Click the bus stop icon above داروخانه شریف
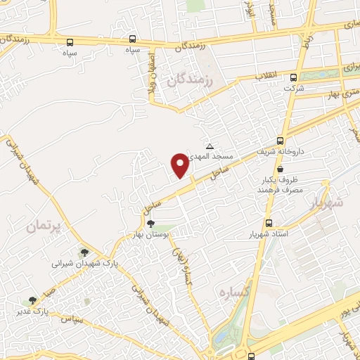[281, 140]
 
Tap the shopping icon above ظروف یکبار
[281, 169]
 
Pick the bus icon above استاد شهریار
[267, 222]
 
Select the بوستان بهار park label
[151, 233]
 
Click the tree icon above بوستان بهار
[151, 223]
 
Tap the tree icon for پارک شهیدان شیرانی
[84, 252]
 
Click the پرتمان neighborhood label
[46, 226]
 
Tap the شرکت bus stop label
[294, 89]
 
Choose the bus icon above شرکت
[294, 78]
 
